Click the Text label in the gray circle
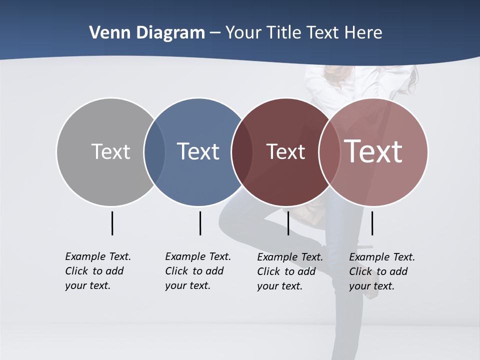pos(110,151)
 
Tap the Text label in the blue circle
pos(198,151)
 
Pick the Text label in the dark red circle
pos(285,151)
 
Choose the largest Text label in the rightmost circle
pos(373,151)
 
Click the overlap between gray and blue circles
pos(154,151)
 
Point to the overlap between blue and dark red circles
pos(242,151)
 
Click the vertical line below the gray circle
pos(112,223)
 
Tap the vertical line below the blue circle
pos(200,223)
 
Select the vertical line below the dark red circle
pos(288,223)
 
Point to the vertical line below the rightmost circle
pos(372,223)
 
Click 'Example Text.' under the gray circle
pos(98,256)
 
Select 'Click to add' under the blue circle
pos(194,271)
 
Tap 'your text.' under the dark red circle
pos(280,286)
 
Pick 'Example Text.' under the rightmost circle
pos(382,257)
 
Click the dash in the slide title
pos(215,33)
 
